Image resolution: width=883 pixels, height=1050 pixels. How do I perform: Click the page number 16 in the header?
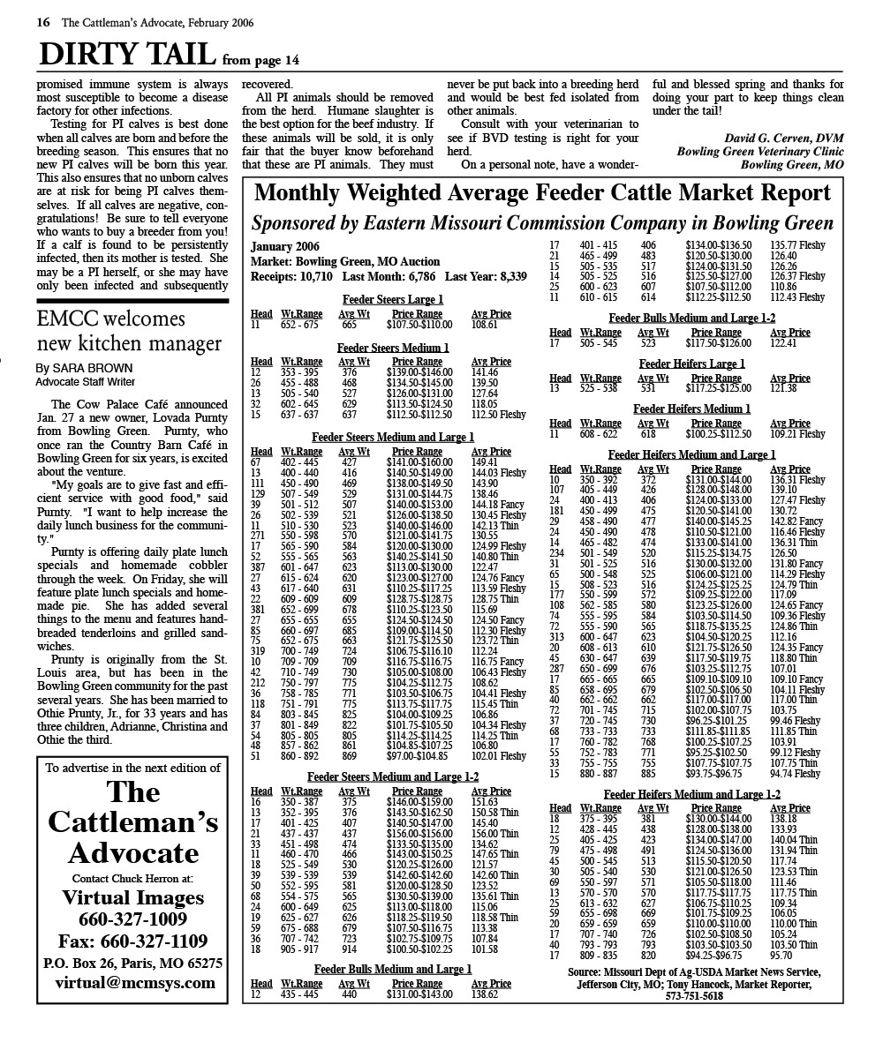tap(43, 23)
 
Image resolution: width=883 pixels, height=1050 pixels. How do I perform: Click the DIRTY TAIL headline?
tap(127, 55)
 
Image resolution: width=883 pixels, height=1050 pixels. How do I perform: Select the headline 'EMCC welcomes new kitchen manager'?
tap(129, 331)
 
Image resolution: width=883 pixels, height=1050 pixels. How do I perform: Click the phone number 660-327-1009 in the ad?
tap(132, 919)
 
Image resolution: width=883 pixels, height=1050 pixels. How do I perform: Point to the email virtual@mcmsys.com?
tap(134, 982)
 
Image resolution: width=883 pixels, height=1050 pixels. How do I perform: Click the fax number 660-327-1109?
tap(132, 941)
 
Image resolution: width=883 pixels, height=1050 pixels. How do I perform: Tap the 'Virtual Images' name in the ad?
tap(132, 898)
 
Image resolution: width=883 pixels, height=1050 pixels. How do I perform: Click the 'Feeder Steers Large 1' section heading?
tap(392, 300)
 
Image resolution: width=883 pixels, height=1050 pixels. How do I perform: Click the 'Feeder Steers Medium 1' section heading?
tap(392, 348)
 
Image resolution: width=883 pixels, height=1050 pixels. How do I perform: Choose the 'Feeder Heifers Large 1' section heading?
tap(691, 364)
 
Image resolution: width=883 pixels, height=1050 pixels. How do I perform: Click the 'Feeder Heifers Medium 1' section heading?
tap(691, 409)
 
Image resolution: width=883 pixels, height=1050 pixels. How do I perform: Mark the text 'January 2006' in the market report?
tap(285, 246)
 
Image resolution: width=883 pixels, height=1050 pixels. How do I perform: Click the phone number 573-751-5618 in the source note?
tap(693, 995)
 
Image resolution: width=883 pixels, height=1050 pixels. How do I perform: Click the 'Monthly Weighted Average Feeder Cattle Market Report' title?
tap(542, 192)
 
